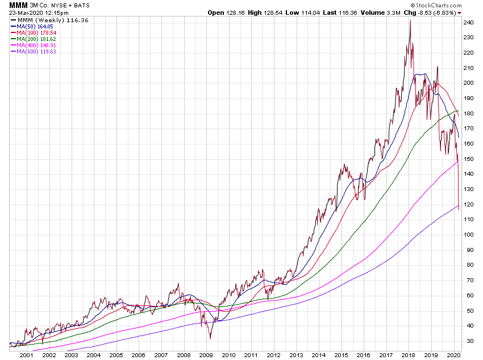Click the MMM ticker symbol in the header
18,5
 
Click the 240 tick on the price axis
469,23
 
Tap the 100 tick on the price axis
469,234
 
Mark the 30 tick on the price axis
469,341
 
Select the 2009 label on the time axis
206,355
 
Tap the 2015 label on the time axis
340,355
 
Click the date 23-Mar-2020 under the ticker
27,13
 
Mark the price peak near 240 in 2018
410,20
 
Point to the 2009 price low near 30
210,339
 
